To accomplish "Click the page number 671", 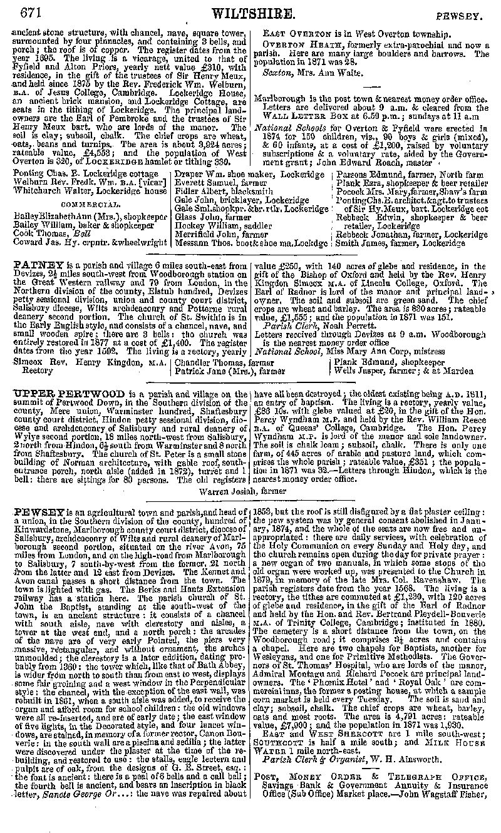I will pyautogui.click(x=32, y=11).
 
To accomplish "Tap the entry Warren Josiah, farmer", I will pyautogui.click(x=250, y=491).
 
